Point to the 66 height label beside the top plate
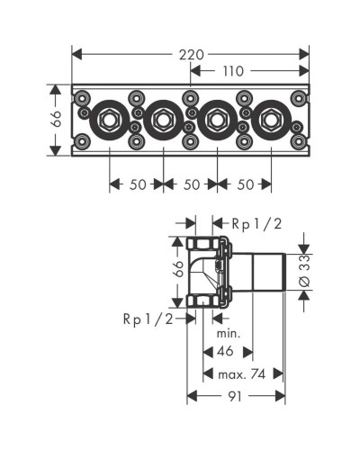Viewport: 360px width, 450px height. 56,119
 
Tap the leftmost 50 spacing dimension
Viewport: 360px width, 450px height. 136,184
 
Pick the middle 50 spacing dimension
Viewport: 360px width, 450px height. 190,184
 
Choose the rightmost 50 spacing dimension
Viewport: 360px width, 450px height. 244,184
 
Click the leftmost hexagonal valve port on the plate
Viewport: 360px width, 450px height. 109,119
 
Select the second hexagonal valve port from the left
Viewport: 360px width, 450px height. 163,119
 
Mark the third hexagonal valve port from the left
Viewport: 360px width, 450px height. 217,119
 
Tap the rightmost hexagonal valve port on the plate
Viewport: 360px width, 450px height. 270,119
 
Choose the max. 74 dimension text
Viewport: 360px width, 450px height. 238,373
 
